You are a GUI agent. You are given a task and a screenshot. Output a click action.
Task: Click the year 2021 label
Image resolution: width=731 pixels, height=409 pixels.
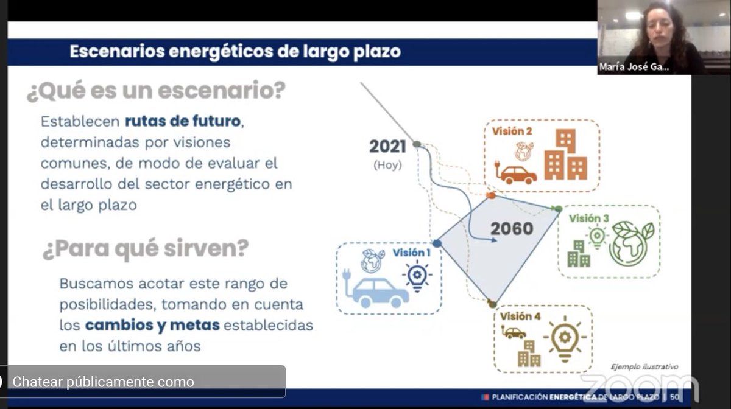click(x=387, y=147)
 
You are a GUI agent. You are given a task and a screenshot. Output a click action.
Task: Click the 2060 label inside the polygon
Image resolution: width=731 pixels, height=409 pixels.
click(x=512, y=229)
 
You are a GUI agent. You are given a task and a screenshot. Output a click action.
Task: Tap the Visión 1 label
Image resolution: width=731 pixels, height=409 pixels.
click(x=411, y=253)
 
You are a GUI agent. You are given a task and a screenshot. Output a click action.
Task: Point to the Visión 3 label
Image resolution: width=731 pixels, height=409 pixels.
click(x=589, y=218)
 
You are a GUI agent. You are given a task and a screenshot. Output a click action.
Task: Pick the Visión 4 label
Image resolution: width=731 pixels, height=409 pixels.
click(x=520, y=316)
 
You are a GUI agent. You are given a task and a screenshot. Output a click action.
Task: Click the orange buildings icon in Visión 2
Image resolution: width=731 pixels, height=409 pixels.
click(x=565, y=156)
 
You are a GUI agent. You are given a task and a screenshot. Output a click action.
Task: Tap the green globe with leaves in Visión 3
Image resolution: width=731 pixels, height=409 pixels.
click(x=632, y=243)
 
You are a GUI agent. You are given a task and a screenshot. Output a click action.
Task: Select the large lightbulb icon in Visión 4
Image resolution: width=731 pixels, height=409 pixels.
click(x=563, y=338)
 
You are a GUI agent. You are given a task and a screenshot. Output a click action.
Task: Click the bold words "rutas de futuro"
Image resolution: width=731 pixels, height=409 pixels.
click(x=183, y=121)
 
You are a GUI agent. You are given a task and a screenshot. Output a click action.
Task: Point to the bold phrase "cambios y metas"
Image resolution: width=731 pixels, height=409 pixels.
click(x=152, y=325)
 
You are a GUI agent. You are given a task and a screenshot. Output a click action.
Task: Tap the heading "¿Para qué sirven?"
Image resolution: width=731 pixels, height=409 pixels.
click(x=146, y=249)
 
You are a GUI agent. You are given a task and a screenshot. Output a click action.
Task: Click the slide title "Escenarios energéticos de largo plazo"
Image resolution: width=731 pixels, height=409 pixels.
click(x=235, y=52)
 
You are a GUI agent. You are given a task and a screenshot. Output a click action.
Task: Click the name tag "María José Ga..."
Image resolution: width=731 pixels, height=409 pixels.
click(x=634, y=68)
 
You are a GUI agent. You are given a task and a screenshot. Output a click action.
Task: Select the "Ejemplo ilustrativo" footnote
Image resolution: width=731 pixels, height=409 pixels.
click(x=644, y=366)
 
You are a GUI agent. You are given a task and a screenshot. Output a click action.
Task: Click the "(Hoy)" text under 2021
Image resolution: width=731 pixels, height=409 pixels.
click(x=388, y=164)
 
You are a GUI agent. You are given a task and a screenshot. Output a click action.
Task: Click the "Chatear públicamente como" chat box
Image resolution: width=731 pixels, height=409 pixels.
click(x=143, y=382)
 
